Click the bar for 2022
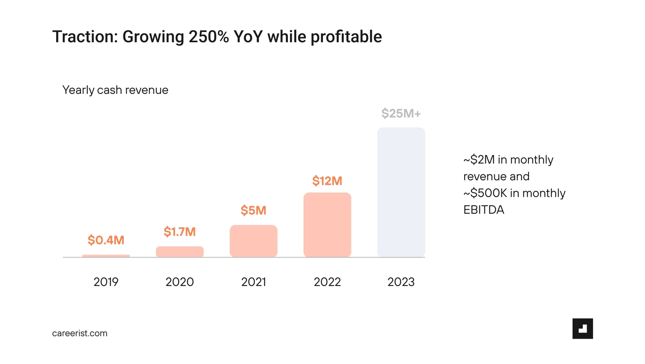327,225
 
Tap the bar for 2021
253,241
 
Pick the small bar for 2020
180,252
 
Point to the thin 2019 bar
106,256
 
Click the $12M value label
327,181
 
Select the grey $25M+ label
401,113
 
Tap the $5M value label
253,210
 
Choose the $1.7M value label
180,232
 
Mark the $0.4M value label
106,240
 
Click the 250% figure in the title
209,37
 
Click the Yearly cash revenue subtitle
115,90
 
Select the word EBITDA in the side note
484,210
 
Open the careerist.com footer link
80,333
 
